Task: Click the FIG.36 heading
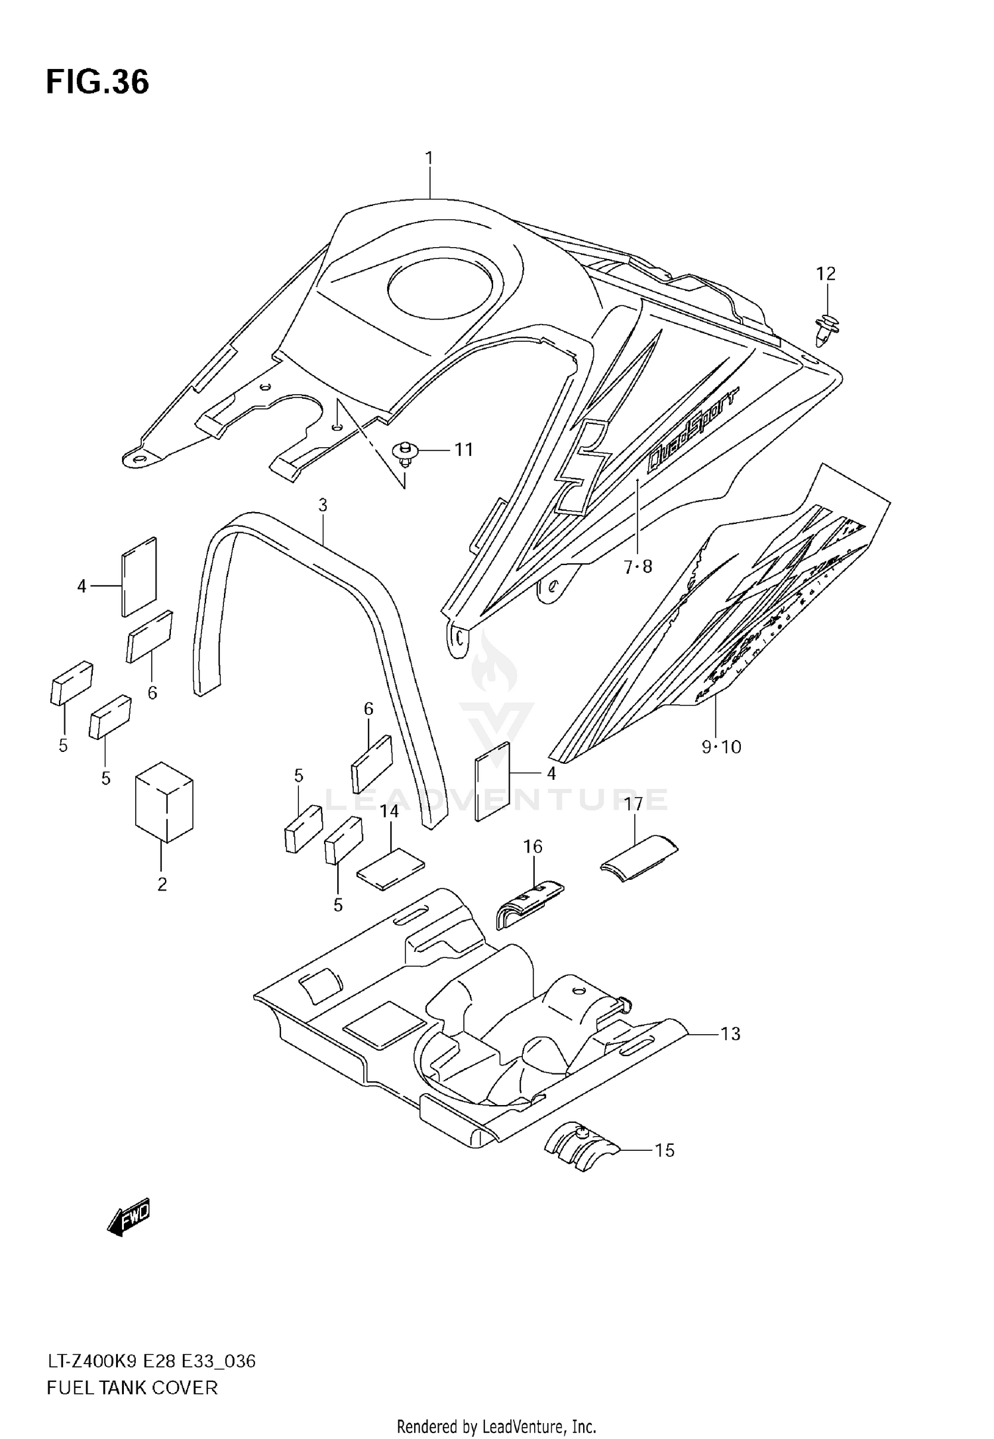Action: (x=97, y=82)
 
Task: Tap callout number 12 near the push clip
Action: (x=826, y=274)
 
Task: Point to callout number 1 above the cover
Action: (x=429, y=158)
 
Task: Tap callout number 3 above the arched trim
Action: (x=323, y=506)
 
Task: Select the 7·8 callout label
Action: (x=638, y=566)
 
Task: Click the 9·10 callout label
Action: (x=721, y=747)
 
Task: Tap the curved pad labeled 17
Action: (x=639, y=859)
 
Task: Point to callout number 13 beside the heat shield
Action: (x=730, y=1034)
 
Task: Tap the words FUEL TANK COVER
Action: (x=132, y=1387)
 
